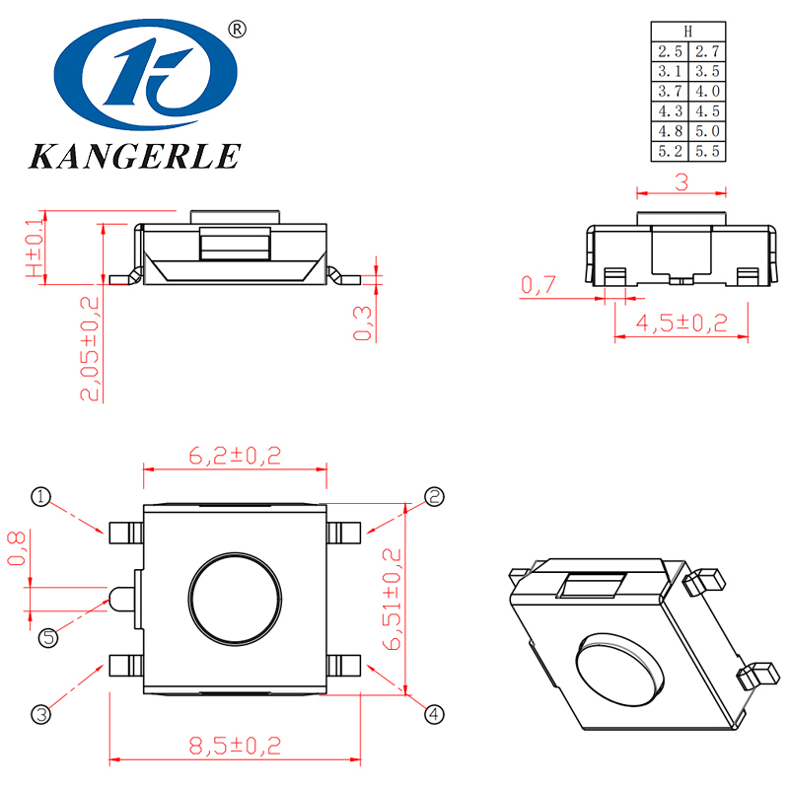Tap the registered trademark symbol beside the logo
236,30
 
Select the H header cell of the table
688,32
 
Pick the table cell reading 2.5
671,51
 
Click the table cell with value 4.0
707,92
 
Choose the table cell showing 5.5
707,152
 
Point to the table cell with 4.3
671,111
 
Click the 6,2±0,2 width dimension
235,456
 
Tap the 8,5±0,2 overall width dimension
235,742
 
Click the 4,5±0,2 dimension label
681,323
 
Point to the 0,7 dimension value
538,286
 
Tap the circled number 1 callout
40,496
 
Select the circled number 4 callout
434,713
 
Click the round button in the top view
236,599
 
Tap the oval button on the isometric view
616,668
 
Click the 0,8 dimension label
16,547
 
